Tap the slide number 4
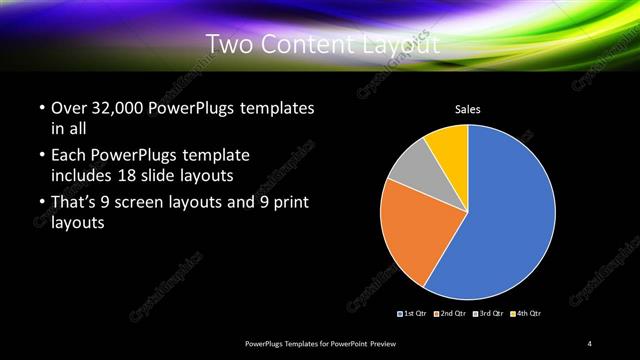590,344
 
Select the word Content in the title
307,45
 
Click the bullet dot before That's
40,203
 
